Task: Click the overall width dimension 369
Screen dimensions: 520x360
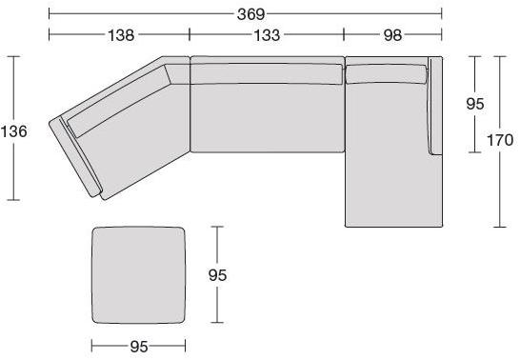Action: (251, 14)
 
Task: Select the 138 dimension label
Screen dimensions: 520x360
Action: (121, 35)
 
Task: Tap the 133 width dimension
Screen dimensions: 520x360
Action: (267, 35)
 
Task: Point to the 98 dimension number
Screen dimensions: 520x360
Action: (392, 35)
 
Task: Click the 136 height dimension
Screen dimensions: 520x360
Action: (14, 131)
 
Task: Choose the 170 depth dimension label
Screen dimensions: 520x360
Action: (500, 140)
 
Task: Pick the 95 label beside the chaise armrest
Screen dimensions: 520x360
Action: (475, 104)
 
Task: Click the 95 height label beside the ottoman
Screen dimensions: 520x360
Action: (217, 275)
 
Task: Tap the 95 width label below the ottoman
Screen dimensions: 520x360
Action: (139, 347)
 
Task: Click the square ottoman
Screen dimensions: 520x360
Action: (138, 275)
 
